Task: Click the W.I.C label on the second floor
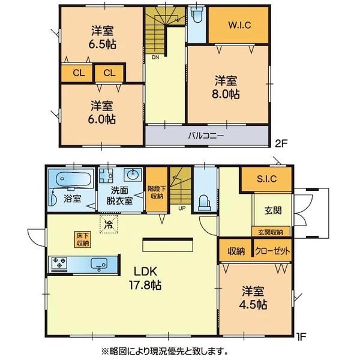pos(239,25)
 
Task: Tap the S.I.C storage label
pos(266,179)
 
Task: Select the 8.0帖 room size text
pos(226,94)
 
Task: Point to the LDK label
pos(146,272)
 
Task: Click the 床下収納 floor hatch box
pos(83,239)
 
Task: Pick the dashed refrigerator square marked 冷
pos(109,224)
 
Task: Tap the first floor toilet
pos(204,203)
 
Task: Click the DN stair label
pos(155,58)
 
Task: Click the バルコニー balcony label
pos(206,136)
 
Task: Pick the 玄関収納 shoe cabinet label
pos(271,232)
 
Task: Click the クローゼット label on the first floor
pos(272,251)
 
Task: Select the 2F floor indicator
pos(281,144)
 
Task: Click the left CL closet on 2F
pos(79,73)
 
